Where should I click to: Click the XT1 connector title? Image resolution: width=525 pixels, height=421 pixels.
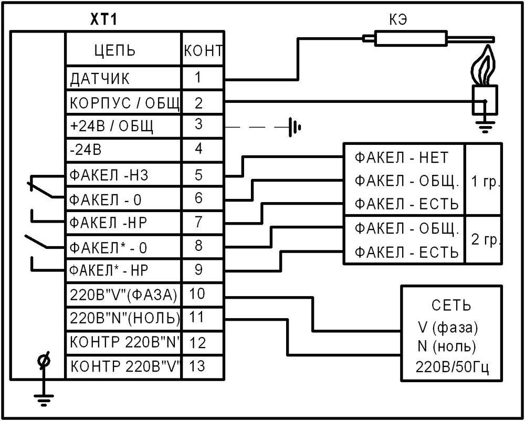tap(105, 20)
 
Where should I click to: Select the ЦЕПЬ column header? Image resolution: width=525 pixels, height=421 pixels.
tap(114, 50)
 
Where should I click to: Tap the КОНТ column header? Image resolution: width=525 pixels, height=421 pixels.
tap(203, 51)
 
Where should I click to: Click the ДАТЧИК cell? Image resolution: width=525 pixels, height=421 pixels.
tap(99, 79)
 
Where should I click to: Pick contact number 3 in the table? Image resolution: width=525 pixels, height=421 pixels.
tap(198, 125)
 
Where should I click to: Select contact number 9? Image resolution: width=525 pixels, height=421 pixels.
tap(198, 269)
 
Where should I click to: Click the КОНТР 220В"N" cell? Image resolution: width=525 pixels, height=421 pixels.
tap(124, 342)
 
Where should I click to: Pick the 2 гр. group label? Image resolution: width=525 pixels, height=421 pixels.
tap(485, 240)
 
